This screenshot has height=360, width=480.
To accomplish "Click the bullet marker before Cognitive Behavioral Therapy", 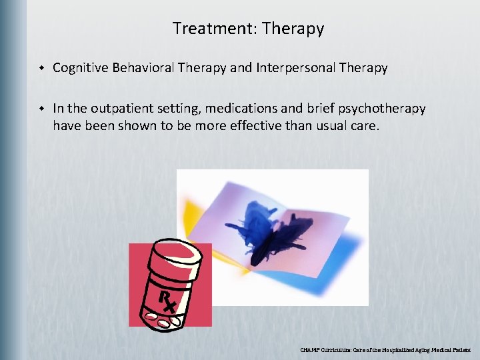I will [41, 68].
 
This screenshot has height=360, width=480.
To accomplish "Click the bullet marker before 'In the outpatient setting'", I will [41, 109].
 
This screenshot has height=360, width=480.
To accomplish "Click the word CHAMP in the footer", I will [310, 349].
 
